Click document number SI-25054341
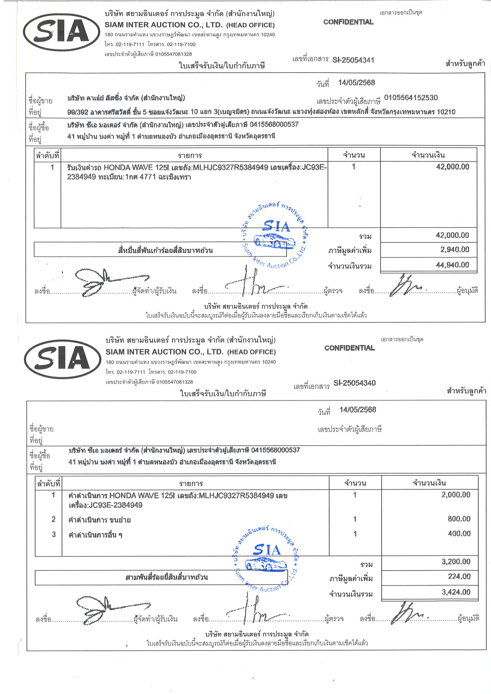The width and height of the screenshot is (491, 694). pyautogui.click(x=353, y=60)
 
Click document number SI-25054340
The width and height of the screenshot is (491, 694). pyautogui.click(x=354, y=383)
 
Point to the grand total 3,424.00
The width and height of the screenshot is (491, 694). pyautogui.click(x=456, y=592)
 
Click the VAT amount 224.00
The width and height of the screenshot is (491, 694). pyautogui.click(x=459, y=576)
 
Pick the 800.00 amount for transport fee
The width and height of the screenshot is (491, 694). pyautogui.click(x=459, y=519)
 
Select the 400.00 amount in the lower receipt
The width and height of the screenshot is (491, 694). pyautogui.click(x=459, y=534)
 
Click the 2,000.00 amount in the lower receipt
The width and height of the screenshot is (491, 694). pyautogui.click(x=456, y=495)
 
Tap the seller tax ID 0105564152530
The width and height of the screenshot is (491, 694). pyautogui.click(x=411, y=97)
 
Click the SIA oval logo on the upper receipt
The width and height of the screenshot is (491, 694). pyautogui.click(x=62, y=32)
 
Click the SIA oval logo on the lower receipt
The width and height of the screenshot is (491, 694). pyautogui.click(x=63, y=359)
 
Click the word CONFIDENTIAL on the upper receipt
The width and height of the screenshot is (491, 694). pyautogui.click(x=348, y=22)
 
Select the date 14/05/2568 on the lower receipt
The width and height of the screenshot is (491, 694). pyautogui.click(x=357, y=410)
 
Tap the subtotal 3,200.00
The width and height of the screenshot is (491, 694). pyautogui.click(x=456, y=562)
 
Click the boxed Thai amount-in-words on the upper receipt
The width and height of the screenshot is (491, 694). pyautogui.click(x=165, y=250)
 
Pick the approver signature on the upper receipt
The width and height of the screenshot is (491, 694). pyautogui.click(x=405, y=286)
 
